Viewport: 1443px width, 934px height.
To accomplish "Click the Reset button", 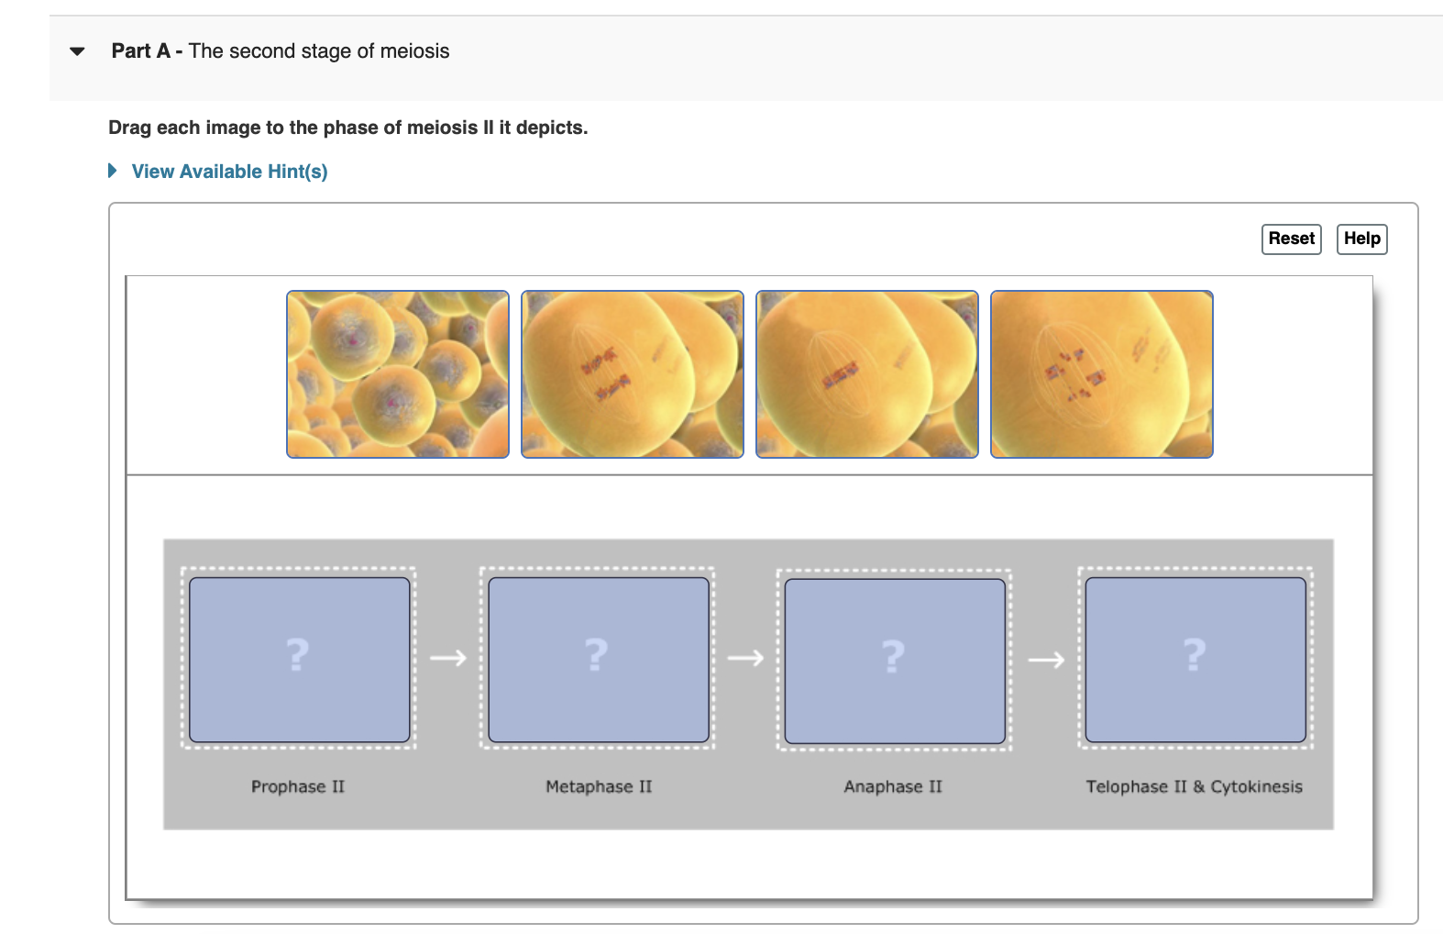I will click(x=1291, y=239).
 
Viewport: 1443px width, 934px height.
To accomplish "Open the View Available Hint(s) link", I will click(x=229, y=172).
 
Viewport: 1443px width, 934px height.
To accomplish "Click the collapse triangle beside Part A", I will click(x=77, y=51).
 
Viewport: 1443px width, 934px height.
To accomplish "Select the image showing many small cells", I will click(x=397, y=374).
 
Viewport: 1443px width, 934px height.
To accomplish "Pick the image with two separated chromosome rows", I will click(x=632, y=374).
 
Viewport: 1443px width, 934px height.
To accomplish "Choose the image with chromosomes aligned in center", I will click(x=866, y=374).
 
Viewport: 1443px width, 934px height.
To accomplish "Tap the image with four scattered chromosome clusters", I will click(x=1101, y=374).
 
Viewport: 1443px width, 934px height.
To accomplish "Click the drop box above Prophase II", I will click(x=299, y=659).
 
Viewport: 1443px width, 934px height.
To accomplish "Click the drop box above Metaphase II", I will click(x=598, y=659).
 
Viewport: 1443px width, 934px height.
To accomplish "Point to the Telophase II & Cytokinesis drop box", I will click(x=1195, y=659).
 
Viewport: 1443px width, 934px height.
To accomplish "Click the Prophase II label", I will click(x=298, y=786).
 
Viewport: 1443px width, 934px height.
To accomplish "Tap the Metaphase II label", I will click(x=599, y=786).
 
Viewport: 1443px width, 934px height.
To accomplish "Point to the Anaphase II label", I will click(x=893, y=786).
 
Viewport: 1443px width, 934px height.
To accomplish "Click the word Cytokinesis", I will click(x=1256, y=786).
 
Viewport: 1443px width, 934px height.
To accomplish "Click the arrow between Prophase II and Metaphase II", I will click(x=448, y=658).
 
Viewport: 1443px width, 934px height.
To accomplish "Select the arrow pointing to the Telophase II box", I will click(x=1046, y=660).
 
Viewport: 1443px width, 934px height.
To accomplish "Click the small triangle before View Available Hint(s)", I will click(x=112, y=171).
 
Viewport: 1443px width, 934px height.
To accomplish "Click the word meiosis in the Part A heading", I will click(x=414, y=51).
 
